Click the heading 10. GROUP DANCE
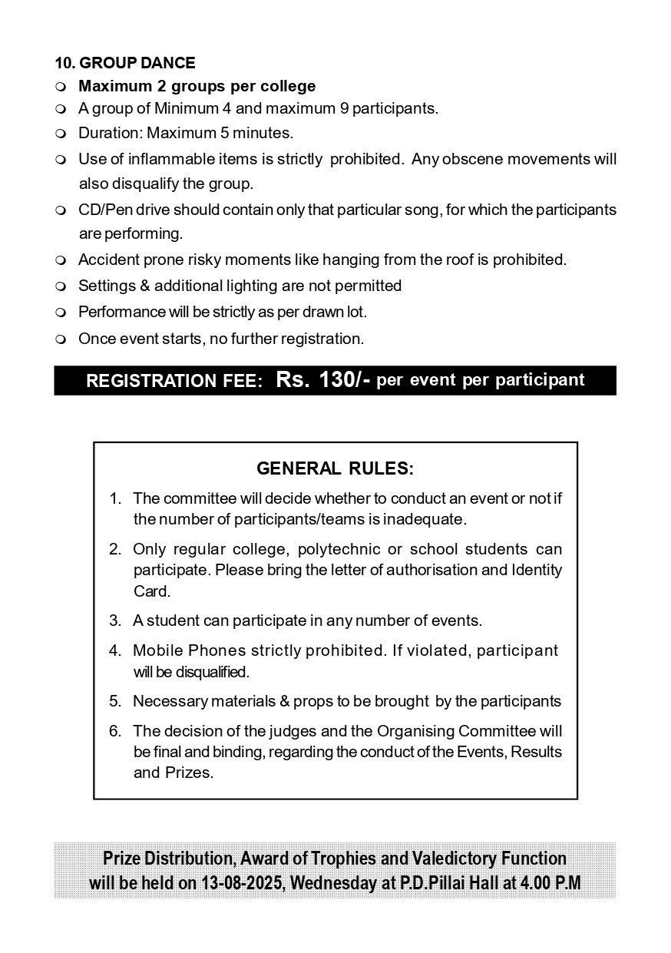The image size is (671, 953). tap(125, 63)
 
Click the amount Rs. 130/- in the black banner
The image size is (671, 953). tap(322, 380)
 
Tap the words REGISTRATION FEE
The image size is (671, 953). tap(174, 381)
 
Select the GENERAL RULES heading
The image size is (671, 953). tap(335, 468)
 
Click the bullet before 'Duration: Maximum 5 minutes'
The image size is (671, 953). tap(61, 134)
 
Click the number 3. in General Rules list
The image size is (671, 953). tap(115, 620)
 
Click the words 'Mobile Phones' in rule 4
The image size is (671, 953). tap(179, 650)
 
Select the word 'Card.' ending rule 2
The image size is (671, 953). tap(151, 591)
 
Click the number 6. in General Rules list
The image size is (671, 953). tap(115, 731)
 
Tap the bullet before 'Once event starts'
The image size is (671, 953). tap(61, 339)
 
